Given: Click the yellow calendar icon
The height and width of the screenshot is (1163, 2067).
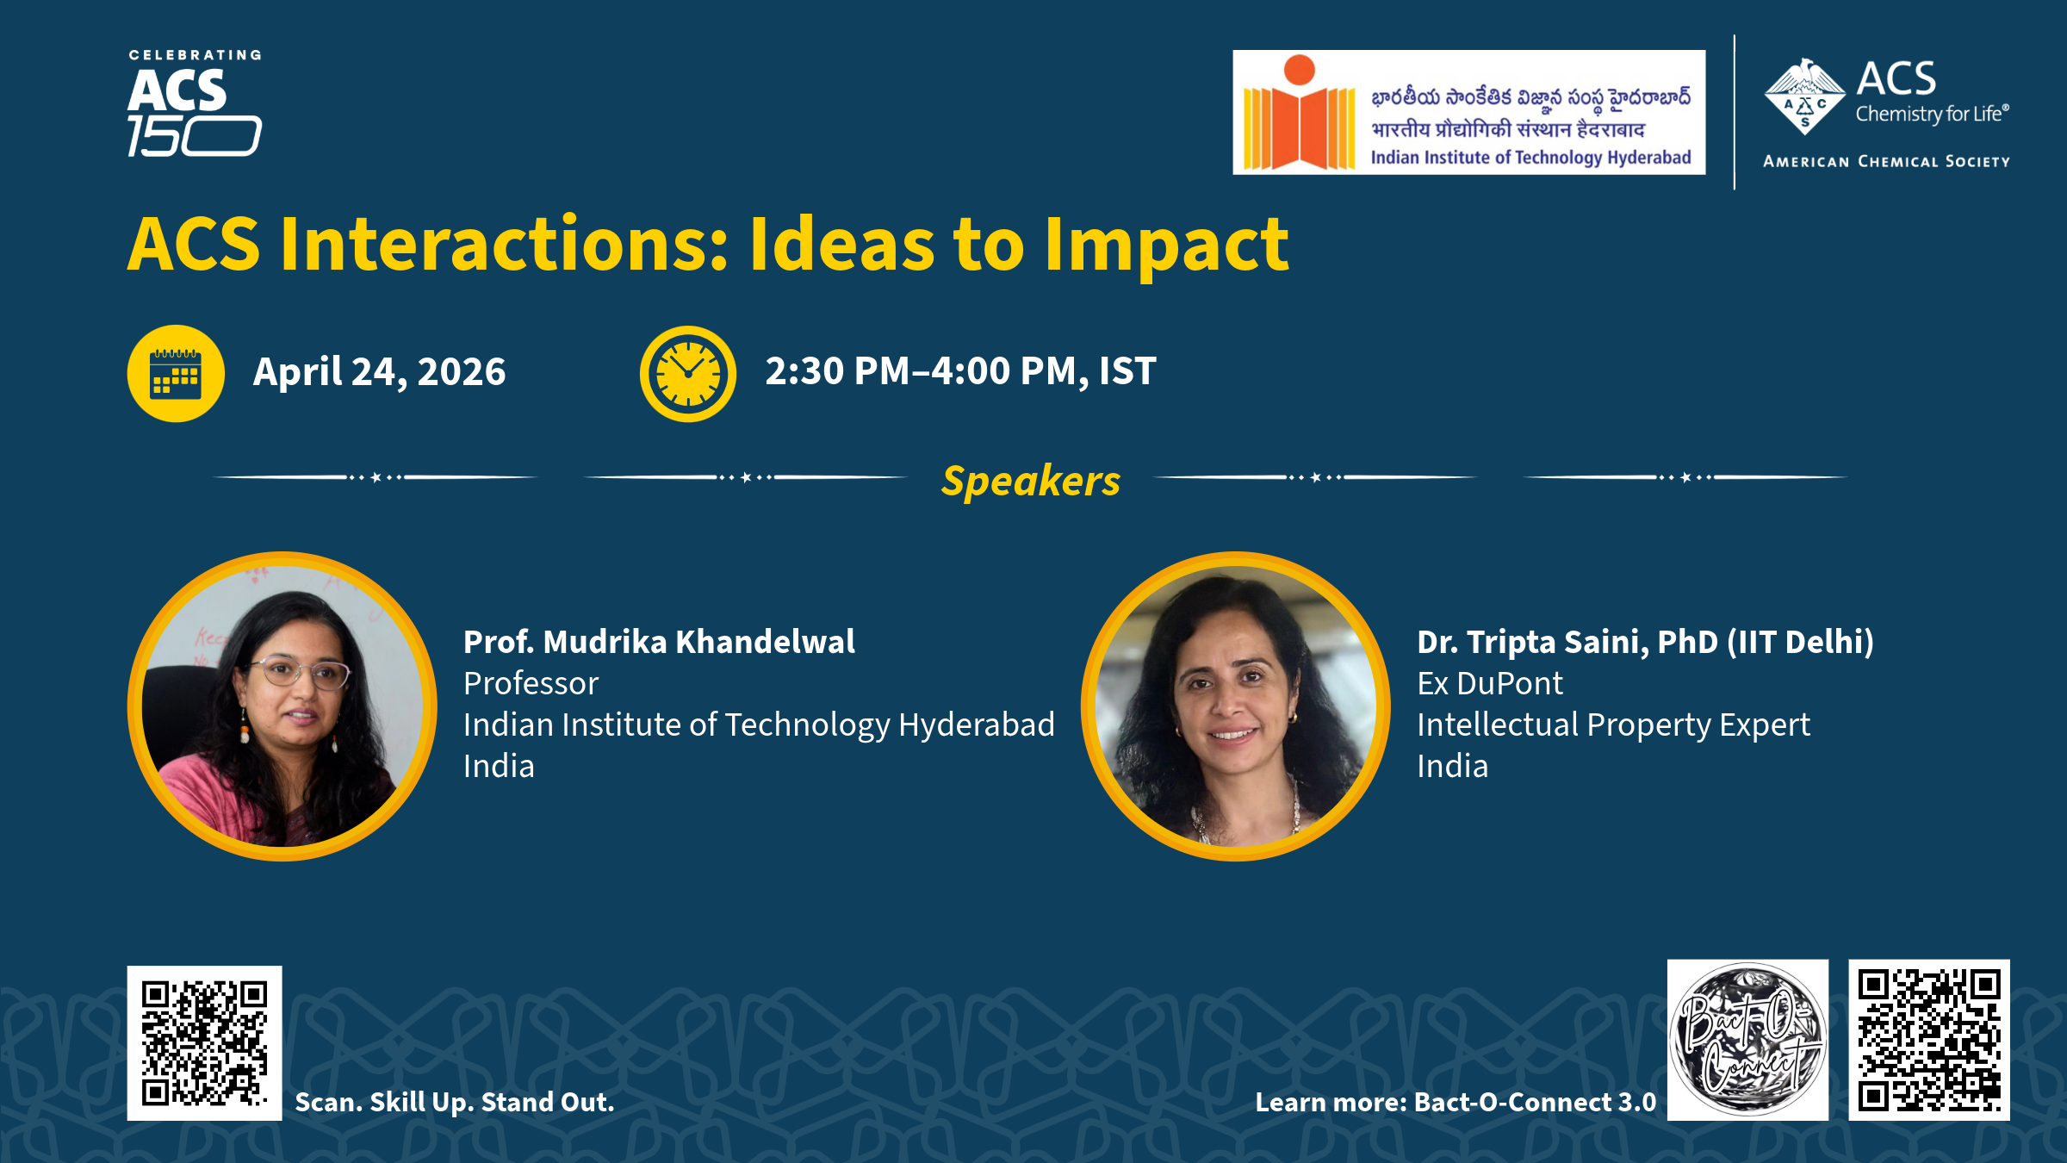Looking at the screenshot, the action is [176, 373].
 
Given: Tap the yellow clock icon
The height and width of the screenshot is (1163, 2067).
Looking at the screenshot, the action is [688, 373].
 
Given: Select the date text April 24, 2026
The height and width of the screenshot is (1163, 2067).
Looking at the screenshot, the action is [379, 372].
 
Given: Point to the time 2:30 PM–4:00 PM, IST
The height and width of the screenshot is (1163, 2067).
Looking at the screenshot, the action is [960, 371].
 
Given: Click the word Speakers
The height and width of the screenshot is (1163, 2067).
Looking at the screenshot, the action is [1031, 480].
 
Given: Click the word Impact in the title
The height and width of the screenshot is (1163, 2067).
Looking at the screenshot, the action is [1166, 246].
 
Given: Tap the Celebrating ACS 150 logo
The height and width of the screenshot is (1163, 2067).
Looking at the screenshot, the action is [195, 103].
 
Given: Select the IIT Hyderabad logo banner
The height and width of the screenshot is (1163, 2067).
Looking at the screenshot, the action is [1468, 112].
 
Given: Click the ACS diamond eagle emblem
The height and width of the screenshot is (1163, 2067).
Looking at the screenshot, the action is [1804, 96].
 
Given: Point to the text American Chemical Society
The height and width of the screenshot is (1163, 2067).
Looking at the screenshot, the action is [1886, 161].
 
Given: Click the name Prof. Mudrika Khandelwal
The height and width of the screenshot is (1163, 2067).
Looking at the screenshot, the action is [659, 642].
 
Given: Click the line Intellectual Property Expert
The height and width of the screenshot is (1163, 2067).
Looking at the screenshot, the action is [1613, 725].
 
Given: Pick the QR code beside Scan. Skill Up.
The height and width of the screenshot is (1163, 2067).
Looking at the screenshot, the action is [204, 1043].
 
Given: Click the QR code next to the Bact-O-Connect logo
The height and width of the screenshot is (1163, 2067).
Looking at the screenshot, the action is [1929, 1040].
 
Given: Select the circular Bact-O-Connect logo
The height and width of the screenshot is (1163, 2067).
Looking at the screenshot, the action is [1747, 1040].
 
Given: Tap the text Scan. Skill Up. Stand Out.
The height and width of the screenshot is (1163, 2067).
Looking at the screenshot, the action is [455, 1102].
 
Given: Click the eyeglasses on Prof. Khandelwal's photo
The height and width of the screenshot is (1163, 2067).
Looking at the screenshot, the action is [300, 672].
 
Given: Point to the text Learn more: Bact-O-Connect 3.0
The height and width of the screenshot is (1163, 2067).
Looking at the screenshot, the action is [1456, 1102].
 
